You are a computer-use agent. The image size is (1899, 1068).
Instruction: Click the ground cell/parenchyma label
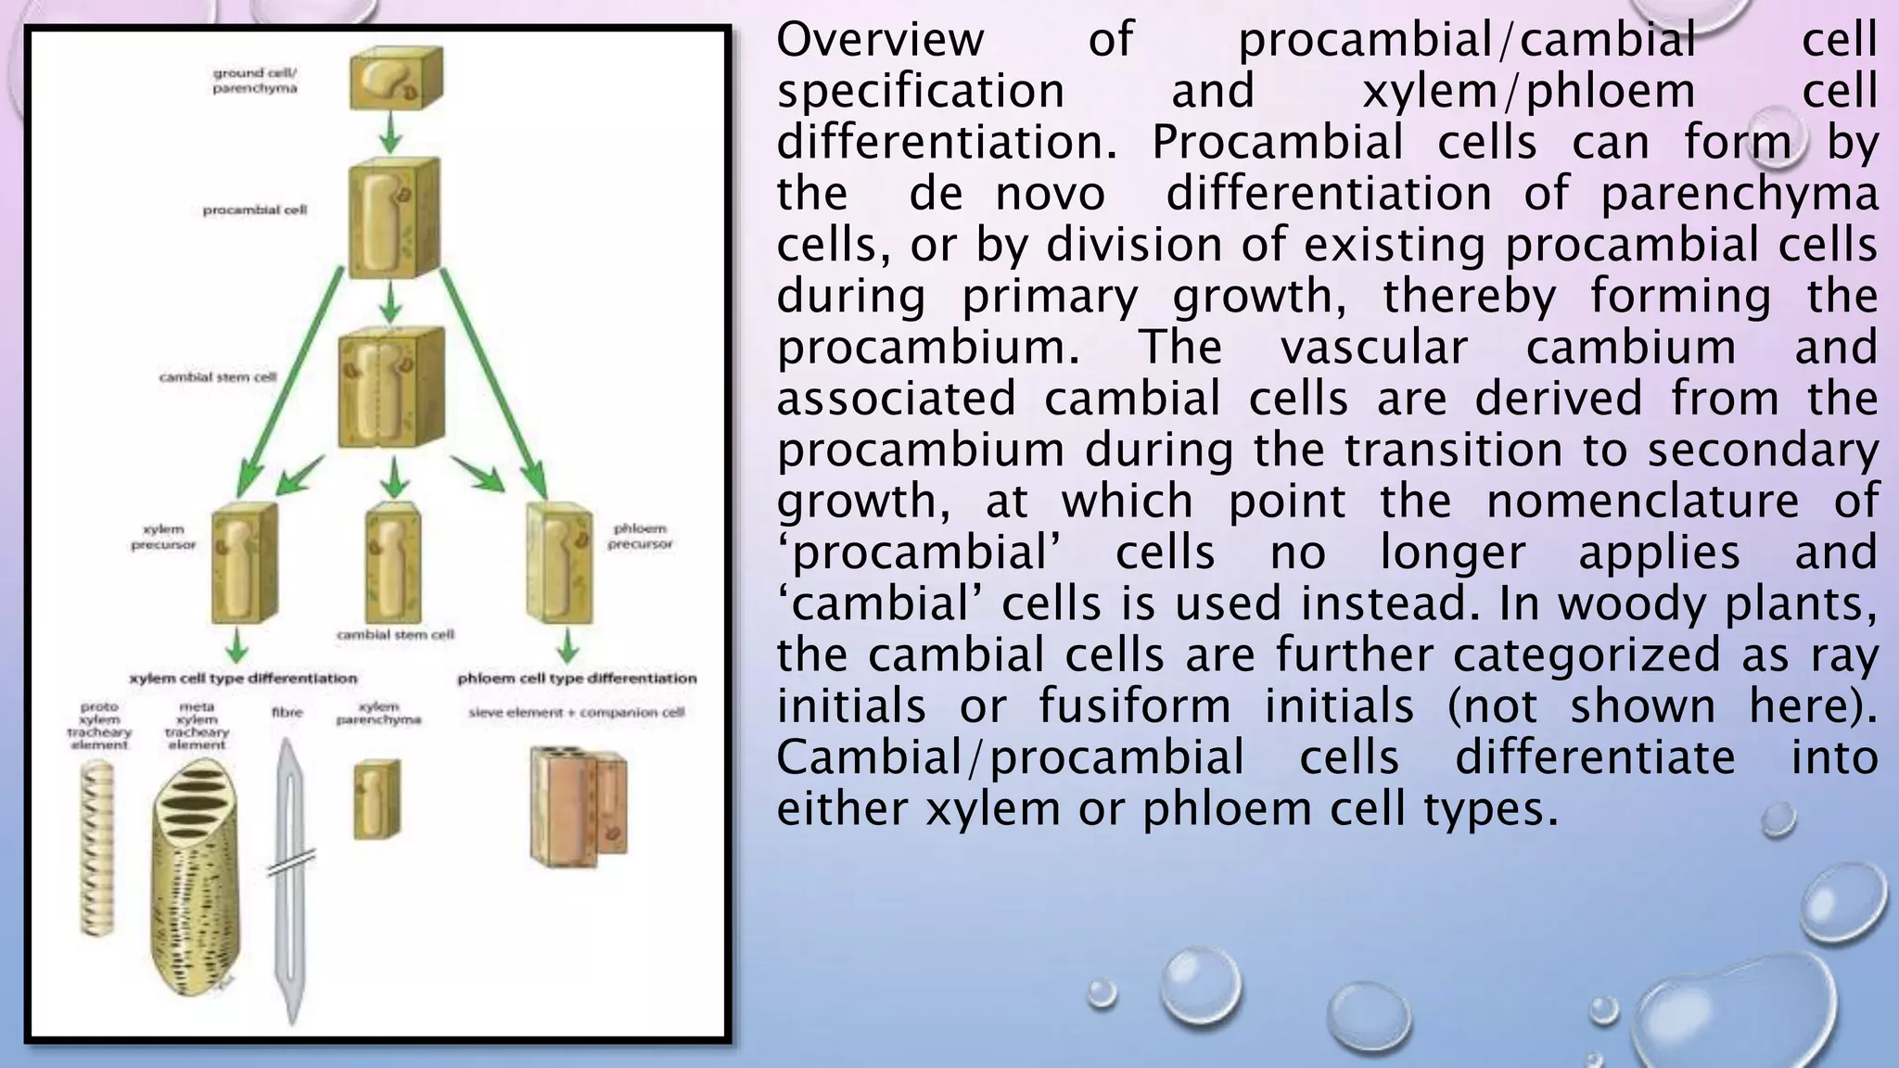[x=255, y=80]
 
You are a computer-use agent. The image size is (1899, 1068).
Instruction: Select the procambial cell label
[x=254, y=210]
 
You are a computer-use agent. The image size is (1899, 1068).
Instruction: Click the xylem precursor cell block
[x=244, y=564]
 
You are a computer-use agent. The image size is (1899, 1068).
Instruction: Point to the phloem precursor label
[x=640, y=536]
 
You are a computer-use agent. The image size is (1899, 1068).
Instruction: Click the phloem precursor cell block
[x=559, y=562]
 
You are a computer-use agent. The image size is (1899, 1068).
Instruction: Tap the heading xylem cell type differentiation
[x=243, y=679]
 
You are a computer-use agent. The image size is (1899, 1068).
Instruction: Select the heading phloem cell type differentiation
[x=577, y=679]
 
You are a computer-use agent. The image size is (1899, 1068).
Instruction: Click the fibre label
[x=287, y=713]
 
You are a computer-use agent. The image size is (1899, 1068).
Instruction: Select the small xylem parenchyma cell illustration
[x=377, y=799]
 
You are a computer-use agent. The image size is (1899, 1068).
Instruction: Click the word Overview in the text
[x=879, y=40]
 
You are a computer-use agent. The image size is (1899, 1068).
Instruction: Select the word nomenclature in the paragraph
[x=1642, y=502]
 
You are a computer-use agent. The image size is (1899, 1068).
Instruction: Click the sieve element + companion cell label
[x=577, y=713]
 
